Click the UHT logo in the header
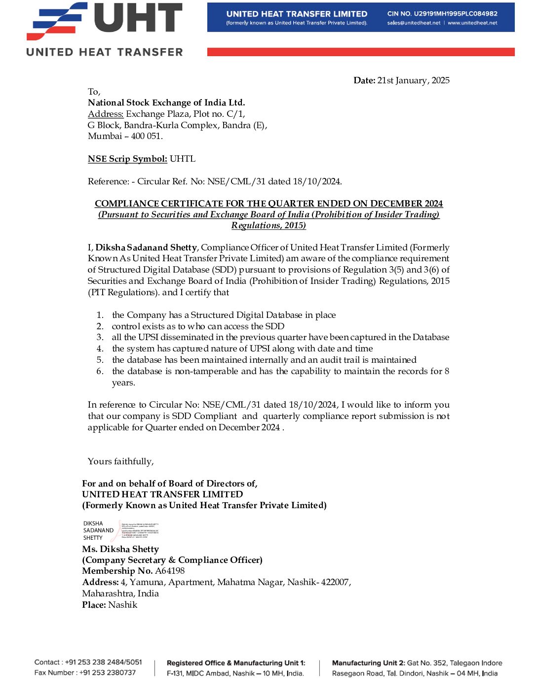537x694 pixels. (105, 29)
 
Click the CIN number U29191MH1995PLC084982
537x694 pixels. (442, 14)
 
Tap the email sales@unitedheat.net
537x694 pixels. (414, 23)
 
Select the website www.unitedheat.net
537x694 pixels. (472, 23)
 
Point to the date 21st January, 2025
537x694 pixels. (413, 80)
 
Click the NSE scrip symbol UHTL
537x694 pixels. (183, 159)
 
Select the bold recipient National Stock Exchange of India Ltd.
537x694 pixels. (166, 103)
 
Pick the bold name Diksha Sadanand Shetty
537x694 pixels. (147, 247)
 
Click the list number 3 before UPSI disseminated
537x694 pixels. (100, 337)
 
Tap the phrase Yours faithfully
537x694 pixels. (120, 461)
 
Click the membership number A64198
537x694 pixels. (170, 571)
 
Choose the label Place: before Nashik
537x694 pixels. (94, 605)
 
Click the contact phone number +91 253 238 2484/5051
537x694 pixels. (103, 662)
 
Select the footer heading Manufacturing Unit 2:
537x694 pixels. (368, 663)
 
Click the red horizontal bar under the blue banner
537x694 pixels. (361, 52)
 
